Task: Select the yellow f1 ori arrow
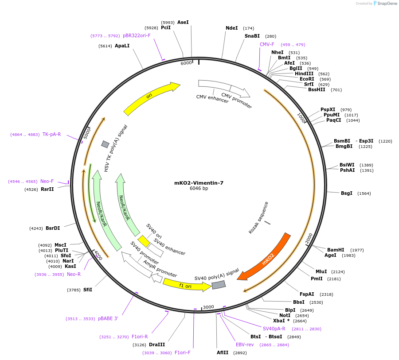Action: pyautogui.click(x=186, y=285)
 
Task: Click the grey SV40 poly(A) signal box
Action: pyautogui.click(x=219, y=285)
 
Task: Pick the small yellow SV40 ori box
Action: pyautogui.click(x=144, y=241)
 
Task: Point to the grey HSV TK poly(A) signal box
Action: pyautogui.click(x=105, y=144)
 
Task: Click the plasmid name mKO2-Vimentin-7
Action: pyautogui.click(x=199, y=182)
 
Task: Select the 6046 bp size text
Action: pyautogui.click(x=199, y=189)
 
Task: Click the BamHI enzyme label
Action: pyautogui.click(x=336, y=250)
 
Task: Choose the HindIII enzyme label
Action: pyautogui.click(x=304, y=74)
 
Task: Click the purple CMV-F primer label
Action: pyautogui.click(x=267, y=44)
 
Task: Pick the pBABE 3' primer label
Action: pyautogui.click(x=108, y=318)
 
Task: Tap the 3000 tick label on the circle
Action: pyautogui.click(x=208, y=306)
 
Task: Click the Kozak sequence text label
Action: pyautogui.click(x=258, y=218)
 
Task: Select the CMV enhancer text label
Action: pyautogui.click(x=212, y=99)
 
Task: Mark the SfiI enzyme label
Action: pyautogui.click(x=88, y=290)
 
